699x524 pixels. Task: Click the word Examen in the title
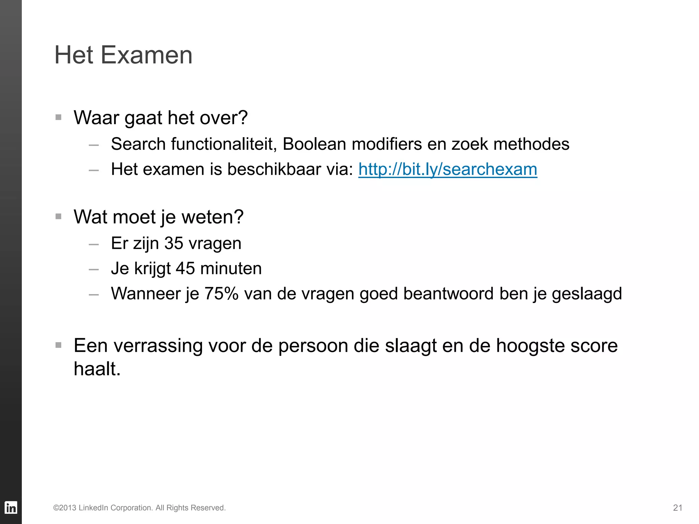pos(146,55)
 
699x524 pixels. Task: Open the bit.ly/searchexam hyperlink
pos(447,169)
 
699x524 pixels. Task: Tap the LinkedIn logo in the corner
pos(11,508)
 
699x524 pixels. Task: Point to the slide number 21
pos(677,508)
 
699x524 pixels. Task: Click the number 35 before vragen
pos(174,243)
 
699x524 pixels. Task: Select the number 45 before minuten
pos(185,268)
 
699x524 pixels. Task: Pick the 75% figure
pos(221,293)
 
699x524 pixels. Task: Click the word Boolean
pos(314,144)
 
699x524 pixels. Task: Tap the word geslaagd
pos(587,294)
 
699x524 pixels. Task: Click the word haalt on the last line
pos(97,369)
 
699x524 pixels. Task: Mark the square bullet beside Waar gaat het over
pos(58,117)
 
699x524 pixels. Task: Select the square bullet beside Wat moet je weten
pos(58,216)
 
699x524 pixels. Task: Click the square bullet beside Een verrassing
pos(58,345)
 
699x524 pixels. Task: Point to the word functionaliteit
pos(224,144)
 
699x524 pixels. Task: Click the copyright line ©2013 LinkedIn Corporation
pos(139,508)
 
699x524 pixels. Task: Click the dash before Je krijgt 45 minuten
pos(94,270)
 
